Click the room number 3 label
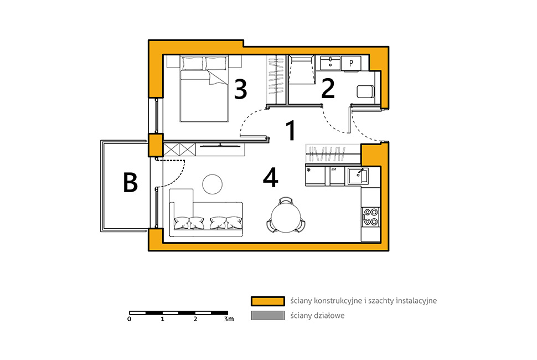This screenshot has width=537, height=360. [240, 89]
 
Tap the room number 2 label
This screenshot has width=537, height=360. [328, 89]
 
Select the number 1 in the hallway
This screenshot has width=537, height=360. [291, 131]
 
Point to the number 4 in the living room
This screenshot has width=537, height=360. [270, 178]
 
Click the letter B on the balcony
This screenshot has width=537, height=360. [130, 182]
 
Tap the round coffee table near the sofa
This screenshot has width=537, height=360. [213, 184]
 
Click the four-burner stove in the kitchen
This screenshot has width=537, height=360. [370, 217]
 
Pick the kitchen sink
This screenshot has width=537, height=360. [358, 177]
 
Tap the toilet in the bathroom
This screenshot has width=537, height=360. [365, 91]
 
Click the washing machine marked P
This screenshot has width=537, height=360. [351, 63]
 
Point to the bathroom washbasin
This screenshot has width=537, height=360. [330, 63]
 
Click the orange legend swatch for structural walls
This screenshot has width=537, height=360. [268, 301]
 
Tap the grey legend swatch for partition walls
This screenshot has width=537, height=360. [268, 316]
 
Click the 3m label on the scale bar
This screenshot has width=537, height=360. [229, 319]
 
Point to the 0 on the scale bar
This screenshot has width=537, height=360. [129, 319]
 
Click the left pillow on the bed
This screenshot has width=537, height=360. [193, 63]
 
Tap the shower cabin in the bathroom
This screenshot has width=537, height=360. [302, 70]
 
